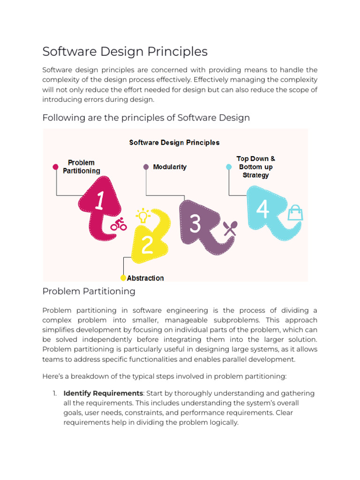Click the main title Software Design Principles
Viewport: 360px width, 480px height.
(125, 51)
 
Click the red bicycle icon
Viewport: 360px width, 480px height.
(119, 225)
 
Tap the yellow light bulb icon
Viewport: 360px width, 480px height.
(142, 216)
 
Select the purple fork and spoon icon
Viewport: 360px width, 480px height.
(230, 228)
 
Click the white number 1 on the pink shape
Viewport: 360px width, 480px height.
(99, 201)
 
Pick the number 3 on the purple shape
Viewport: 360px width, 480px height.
(195, 224)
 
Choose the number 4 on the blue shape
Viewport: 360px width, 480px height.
(263, 210)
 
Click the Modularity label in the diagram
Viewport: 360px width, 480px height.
(170, 167)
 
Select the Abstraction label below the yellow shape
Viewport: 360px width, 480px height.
(145, 278)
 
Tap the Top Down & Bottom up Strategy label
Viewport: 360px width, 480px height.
(256, 167)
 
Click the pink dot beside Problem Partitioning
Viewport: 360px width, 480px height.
(55, 166)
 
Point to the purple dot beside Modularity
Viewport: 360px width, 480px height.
(146, 167)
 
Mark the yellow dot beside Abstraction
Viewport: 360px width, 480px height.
(123, 278)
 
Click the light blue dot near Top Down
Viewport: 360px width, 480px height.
(229, 166)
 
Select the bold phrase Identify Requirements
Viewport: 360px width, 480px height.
(103, 393)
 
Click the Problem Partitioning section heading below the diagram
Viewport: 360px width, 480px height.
(89, 291)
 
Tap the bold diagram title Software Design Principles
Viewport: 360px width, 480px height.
(174, 142)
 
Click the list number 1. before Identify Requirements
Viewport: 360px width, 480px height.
(54, 393)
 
